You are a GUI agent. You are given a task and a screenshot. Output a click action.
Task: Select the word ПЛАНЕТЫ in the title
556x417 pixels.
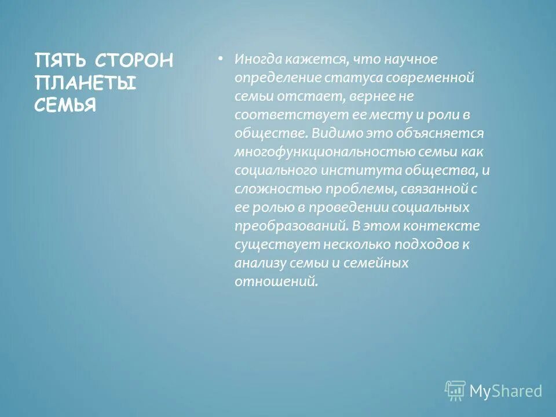(85, 83)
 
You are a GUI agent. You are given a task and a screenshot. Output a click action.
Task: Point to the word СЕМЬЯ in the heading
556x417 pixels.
(65, 105)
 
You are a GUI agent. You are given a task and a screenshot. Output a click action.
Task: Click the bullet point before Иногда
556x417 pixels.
(220, 59)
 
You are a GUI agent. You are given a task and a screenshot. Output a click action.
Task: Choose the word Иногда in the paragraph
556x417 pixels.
(258, 59)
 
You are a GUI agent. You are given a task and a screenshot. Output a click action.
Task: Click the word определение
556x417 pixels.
(273, 78)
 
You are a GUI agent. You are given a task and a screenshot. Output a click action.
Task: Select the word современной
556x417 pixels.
(431, 78)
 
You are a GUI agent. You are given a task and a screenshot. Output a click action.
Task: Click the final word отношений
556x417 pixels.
(276, 281)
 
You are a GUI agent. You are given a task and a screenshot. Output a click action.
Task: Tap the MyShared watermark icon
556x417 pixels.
(455, 390)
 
